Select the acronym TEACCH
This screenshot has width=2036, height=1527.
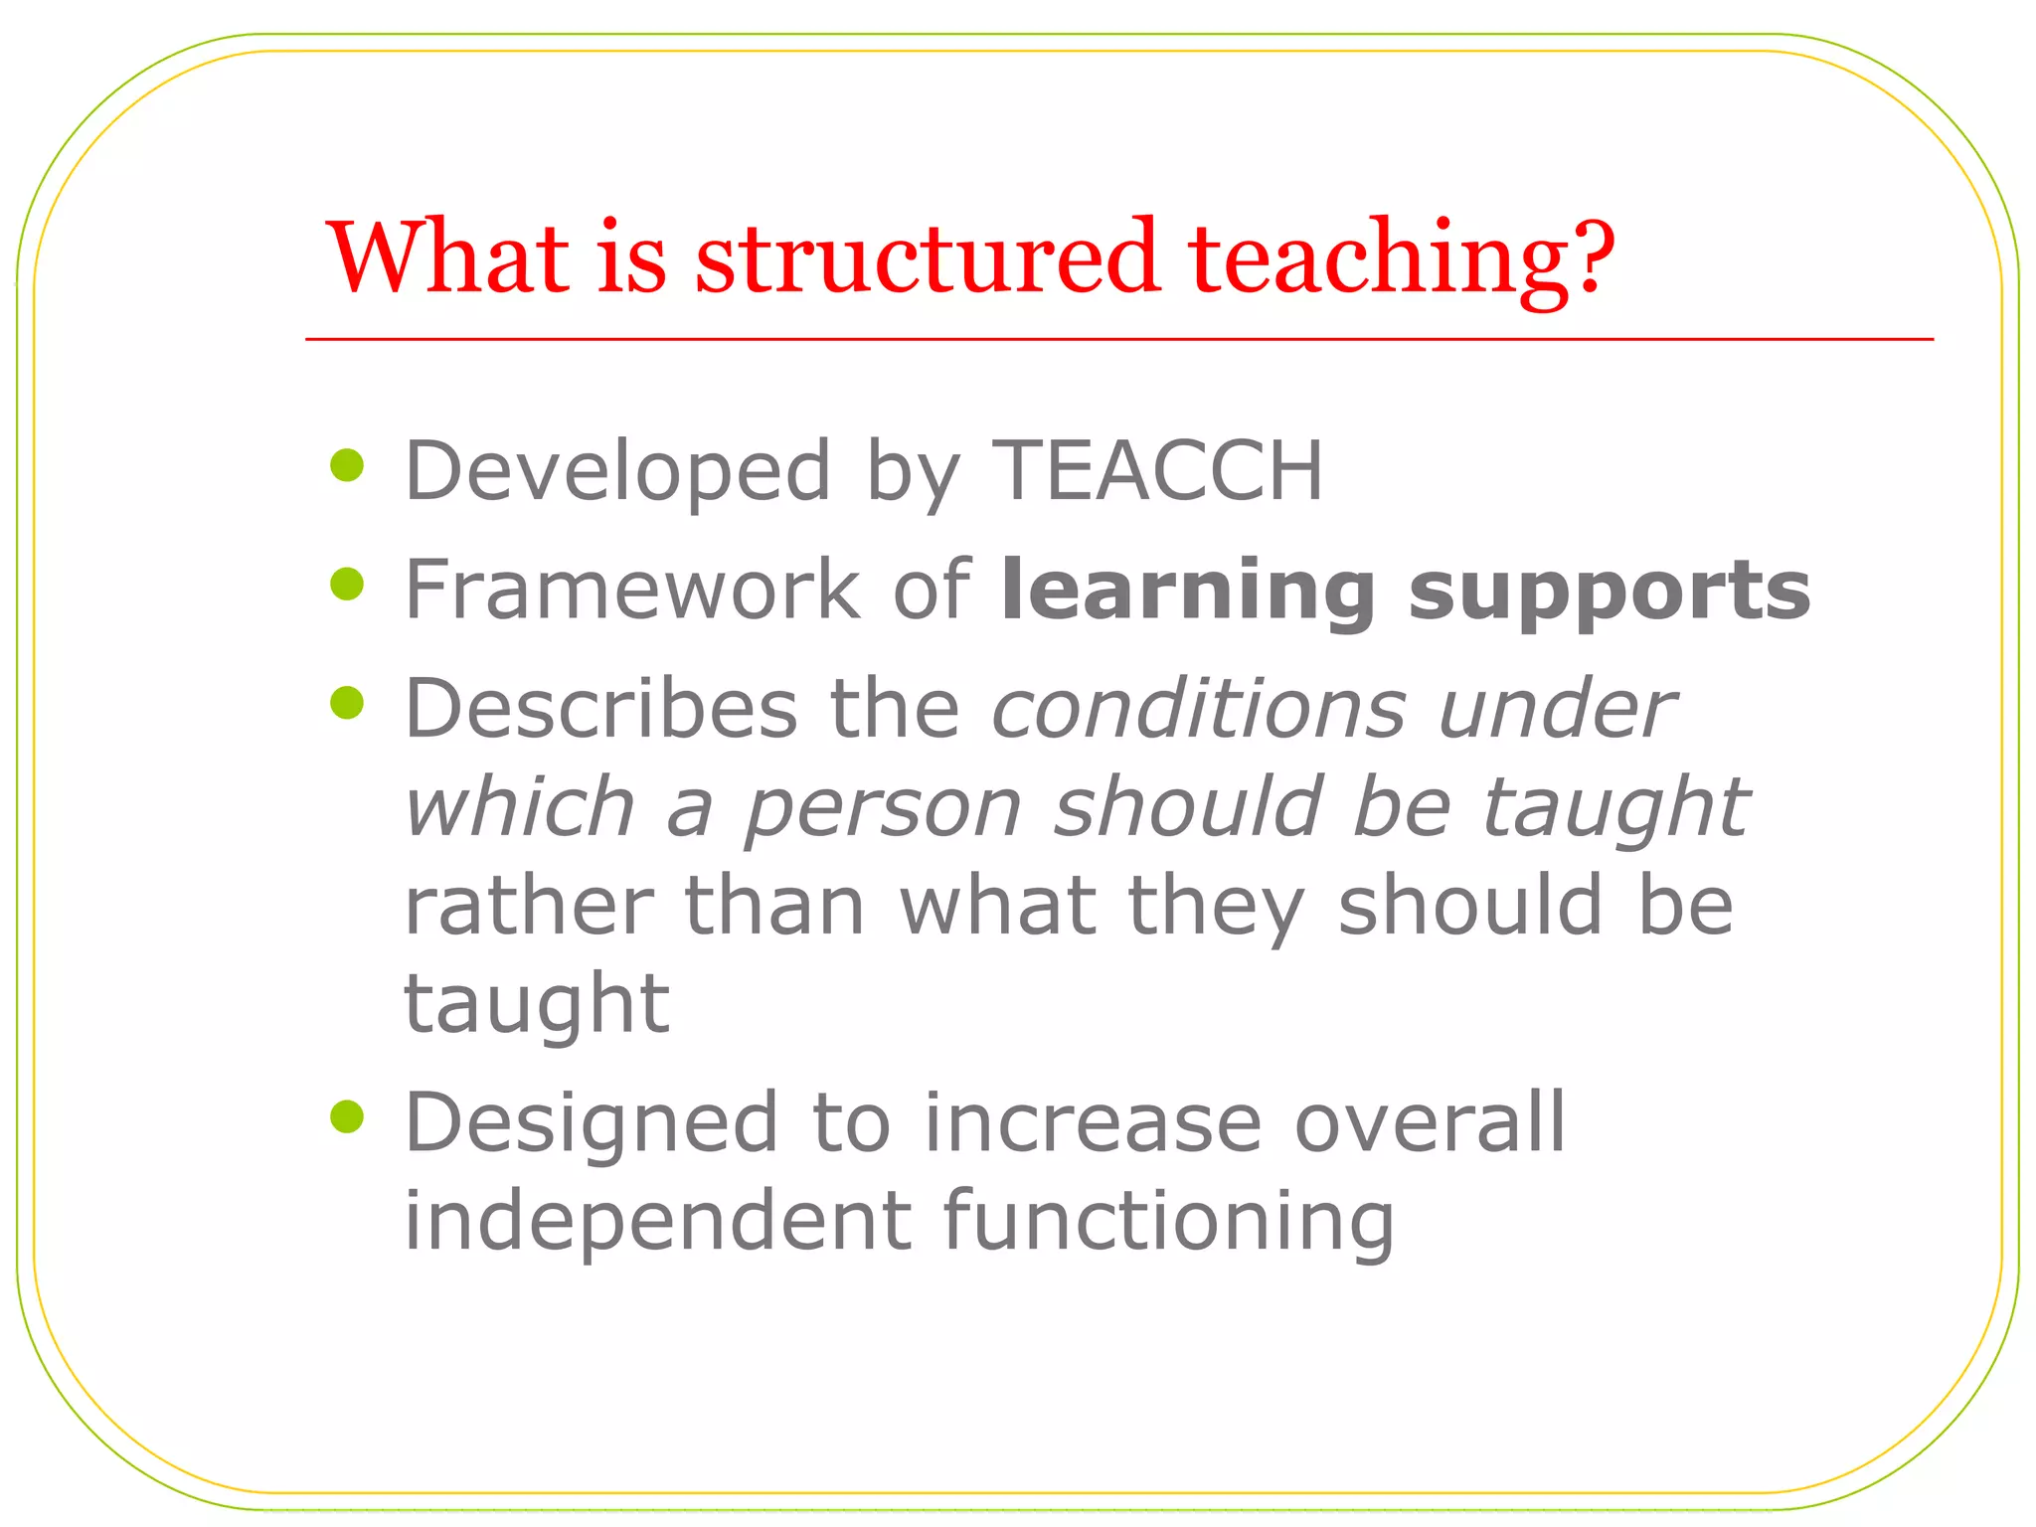1158,470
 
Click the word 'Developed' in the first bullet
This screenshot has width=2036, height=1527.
617,472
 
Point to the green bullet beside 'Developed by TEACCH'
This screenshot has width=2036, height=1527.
347,465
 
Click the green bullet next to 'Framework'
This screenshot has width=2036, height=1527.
347,585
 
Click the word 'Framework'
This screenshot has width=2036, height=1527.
632,590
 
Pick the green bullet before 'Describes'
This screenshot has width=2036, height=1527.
347,703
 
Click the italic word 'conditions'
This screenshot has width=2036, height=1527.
1199,709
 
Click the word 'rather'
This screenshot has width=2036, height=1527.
528,907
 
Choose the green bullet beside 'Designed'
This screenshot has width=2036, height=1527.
347,1116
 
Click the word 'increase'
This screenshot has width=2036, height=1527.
1093,1123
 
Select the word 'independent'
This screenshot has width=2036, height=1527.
657,1223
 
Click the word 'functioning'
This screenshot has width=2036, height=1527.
1168,1223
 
